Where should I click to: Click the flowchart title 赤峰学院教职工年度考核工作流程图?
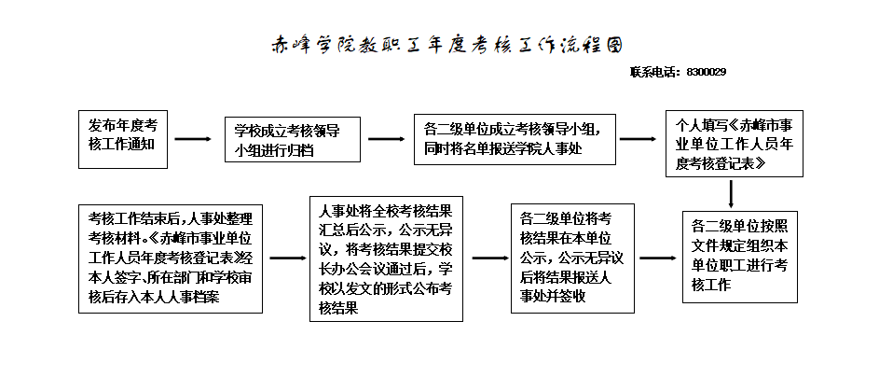point(446,46)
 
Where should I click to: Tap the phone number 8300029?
point(706,72)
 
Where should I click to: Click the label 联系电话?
point(656,72)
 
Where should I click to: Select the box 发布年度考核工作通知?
point(123,139)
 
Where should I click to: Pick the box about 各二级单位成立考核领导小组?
point(515,140)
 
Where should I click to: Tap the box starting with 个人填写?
point(733,144)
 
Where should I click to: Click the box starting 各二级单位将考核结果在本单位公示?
point(573,258)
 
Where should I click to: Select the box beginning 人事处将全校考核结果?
point(386,258)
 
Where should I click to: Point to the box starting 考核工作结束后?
point(171,257)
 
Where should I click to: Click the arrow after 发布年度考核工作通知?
point(194,140)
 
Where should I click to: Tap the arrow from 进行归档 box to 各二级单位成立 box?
point(386,140)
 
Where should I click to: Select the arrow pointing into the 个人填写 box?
point(638,140)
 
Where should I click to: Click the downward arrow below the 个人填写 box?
point(732,193)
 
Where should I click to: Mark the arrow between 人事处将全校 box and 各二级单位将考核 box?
point(486,258)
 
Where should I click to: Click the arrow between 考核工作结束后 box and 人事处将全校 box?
point(287,258)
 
